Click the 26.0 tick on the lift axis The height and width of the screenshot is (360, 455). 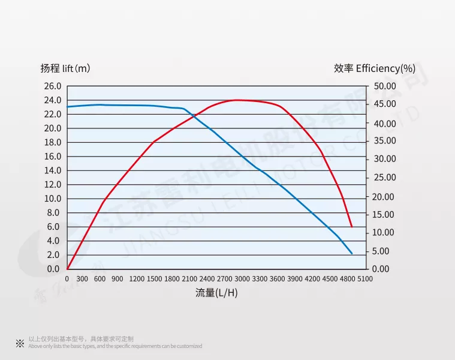[x=53, y=86]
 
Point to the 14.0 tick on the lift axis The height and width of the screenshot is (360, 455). [x=53, y=170]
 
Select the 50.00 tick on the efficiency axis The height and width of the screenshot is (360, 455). [x=384, y=86]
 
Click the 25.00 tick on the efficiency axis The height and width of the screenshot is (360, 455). [x=384, y=177]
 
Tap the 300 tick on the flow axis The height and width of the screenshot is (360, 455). [x=83, y=279]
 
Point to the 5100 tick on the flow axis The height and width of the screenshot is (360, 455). [x=365, y=279]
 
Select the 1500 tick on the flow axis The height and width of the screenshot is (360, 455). [x=154, y=279]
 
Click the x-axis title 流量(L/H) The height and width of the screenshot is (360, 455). [x=217, y=293]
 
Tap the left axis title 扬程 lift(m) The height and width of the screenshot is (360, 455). [x=65, y=68]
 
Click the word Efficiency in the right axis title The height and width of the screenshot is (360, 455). [x=377, y=68]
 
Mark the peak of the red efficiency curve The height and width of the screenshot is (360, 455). [x=237, y=100]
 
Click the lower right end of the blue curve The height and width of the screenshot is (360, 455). [x=352, y=254]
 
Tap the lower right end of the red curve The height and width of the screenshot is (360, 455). [x=351, y=227]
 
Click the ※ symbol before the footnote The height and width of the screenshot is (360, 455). [x=20, y=343]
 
